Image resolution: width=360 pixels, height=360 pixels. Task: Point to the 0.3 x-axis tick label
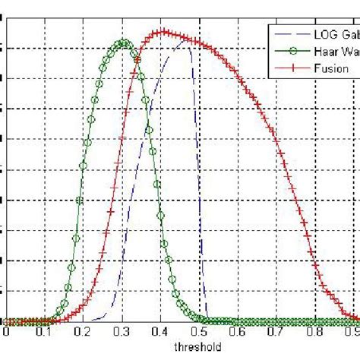(122, 333)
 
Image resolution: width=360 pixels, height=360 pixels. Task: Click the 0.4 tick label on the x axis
(160, 333)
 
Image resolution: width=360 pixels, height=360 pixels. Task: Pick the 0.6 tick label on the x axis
(238, 333)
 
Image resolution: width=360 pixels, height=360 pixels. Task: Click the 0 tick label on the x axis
(6, 333)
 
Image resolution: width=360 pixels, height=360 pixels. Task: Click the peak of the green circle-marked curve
(124, 43)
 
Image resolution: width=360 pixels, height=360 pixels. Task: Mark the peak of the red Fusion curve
(160, 32)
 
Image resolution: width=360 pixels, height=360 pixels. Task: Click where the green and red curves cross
(137, 61)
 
